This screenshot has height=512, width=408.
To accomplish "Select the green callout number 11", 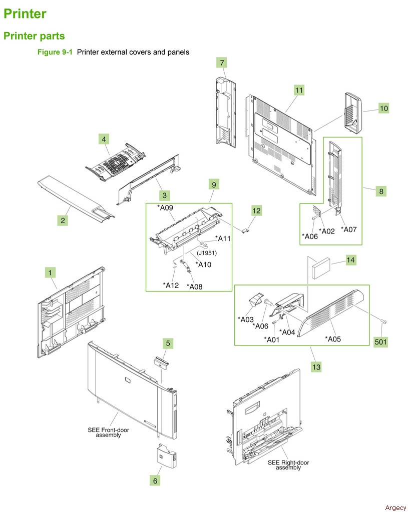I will coord(299,90).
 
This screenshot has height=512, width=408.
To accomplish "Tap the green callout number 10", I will coord(383,108).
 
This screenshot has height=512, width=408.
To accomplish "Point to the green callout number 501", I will coord(381,342).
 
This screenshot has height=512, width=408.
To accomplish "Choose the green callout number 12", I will coord(256,211).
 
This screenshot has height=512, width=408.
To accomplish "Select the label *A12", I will coord(171,285).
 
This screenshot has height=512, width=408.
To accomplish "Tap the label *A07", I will coord(349,229).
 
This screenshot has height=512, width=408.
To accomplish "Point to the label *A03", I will coord(246,319).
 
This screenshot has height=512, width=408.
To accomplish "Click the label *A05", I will coord(333,338).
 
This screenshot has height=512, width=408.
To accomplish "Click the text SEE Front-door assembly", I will coord(109,432).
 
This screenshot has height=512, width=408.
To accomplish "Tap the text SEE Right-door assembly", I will coord(288,465).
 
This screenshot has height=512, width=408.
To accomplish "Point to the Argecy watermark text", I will coord(396,507).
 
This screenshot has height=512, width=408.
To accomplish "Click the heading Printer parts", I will coord(34,36).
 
